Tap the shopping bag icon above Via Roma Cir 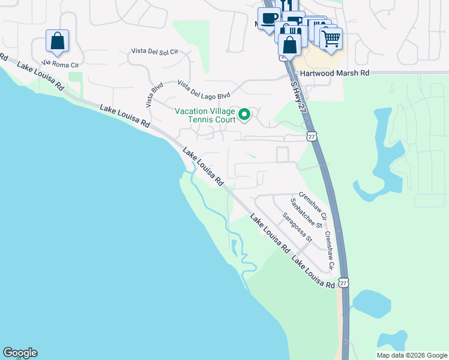point(57,41)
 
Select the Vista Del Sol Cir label point(155,52)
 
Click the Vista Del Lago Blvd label point(203,90)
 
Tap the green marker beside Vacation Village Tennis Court point(244,114)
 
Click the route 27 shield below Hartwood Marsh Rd point(311,136)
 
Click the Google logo point(20,353)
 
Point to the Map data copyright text point(412,355)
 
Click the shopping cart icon point(331,38)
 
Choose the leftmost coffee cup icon point(268,17)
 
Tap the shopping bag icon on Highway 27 point(290,44)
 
